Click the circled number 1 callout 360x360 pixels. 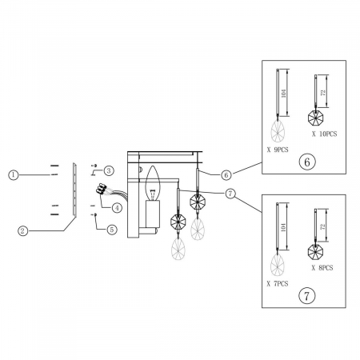click(x=14, y=175)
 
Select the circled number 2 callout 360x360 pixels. click(x=22, y=230)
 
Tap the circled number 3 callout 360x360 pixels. click(x=109, y=170)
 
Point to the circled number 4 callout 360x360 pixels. click(x=117, y=208)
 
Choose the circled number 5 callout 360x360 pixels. click(x=112, y=230)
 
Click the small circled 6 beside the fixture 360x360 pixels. click(x=226, y=175)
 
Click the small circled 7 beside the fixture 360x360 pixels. click(x=230, y=194)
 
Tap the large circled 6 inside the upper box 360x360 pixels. click(x=307, y=162)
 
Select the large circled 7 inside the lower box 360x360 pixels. click(x=306, y=296)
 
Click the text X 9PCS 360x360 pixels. click(x=278, y=150)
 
